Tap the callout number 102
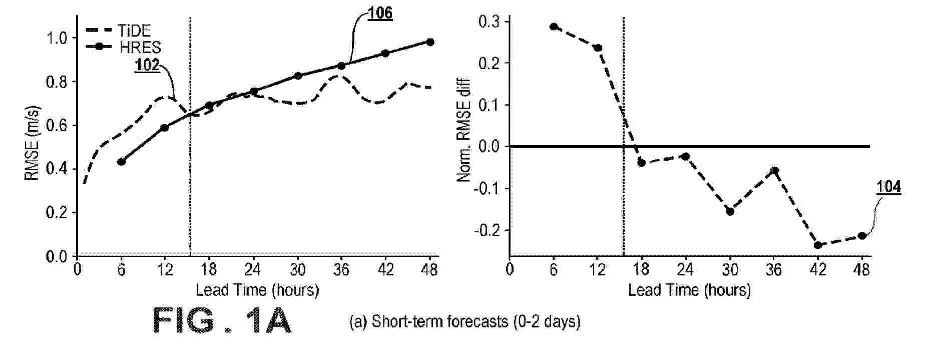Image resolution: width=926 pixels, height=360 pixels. point(147,66)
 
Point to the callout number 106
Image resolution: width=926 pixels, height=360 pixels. point(380,14)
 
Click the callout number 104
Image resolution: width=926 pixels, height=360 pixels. point(888,187)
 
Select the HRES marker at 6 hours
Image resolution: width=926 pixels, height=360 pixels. point(121,161)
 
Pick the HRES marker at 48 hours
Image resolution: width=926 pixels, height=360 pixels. point(430,42)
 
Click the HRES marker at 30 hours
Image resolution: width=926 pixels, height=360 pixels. point(298,76)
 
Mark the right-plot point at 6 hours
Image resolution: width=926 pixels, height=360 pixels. point(554,27)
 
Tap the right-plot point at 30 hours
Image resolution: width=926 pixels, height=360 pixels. point(730,211)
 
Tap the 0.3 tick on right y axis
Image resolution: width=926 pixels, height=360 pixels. point(489,22)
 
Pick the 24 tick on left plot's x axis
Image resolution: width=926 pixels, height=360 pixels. point(253,270)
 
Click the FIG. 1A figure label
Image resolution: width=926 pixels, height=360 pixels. point(221,321)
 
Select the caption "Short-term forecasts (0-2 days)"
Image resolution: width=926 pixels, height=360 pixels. point(465,321)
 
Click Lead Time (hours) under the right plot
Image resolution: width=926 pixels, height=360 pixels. point(689,290)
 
